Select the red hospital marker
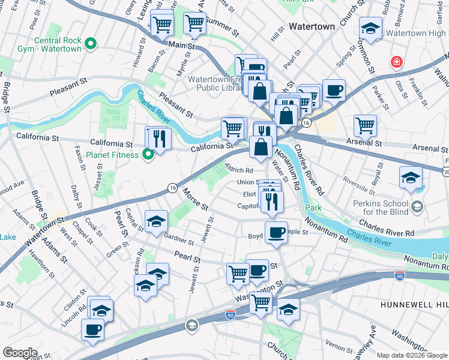(396, 62)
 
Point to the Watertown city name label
(312, 27)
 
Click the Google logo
(20, 352)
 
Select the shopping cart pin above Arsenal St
(365, 126)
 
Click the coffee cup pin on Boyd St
(276, 232)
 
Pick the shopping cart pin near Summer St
(195, 23)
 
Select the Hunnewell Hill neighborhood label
(414, 305)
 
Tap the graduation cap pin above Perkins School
(411, 178)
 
